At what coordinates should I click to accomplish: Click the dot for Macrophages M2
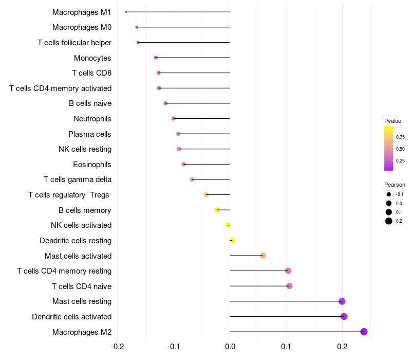click(364, 332)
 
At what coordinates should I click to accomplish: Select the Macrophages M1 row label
click(82, 12)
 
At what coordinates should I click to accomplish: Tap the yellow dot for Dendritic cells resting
click(232, 240)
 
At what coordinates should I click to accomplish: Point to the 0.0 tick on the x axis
click(230, 346)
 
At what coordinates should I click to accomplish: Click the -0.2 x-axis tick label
click(118, 346)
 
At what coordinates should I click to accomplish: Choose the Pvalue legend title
click(393, 121)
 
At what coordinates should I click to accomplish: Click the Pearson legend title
click(395, 185)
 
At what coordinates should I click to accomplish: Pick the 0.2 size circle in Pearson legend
click(389, 221)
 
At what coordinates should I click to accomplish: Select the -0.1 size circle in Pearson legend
click(389, 194)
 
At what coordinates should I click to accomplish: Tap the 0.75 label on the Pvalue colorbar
click(400, 137)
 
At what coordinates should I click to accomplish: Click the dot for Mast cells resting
click(342, 301)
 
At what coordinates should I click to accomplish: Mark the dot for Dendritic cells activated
click(344, 316)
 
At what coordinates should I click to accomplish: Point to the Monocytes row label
click(92, 58)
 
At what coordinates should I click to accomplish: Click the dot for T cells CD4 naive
click(289, 286)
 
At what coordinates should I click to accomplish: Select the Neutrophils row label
click(92, 119)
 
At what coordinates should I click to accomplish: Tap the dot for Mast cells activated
click(263, 256)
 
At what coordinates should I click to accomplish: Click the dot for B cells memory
click(217, 210)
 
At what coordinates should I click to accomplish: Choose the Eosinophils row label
click(92, 165)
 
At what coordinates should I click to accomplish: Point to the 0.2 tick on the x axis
click(342, 346)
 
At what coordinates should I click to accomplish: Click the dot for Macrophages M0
click(137, 27)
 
